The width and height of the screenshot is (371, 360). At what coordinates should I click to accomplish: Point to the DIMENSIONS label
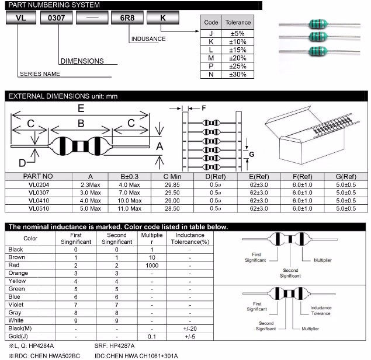[x=82, y=61]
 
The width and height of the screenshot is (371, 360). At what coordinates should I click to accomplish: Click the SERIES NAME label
[x=40, y=74]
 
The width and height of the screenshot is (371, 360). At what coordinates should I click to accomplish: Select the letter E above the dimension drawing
[x=81, y=108]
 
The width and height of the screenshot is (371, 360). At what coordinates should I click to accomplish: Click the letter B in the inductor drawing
[x=81, y=123]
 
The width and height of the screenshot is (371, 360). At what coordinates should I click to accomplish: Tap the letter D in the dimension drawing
[x=22, y=162]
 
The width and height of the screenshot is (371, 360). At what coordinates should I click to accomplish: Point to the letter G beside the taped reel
[x=252, y=154]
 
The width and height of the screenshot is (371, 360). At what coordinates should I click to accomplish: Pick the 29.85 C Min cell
[x=172, y=184]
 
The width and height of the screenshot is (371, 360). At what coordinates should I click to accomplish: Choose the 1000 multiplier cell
[x=152, y=265]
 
